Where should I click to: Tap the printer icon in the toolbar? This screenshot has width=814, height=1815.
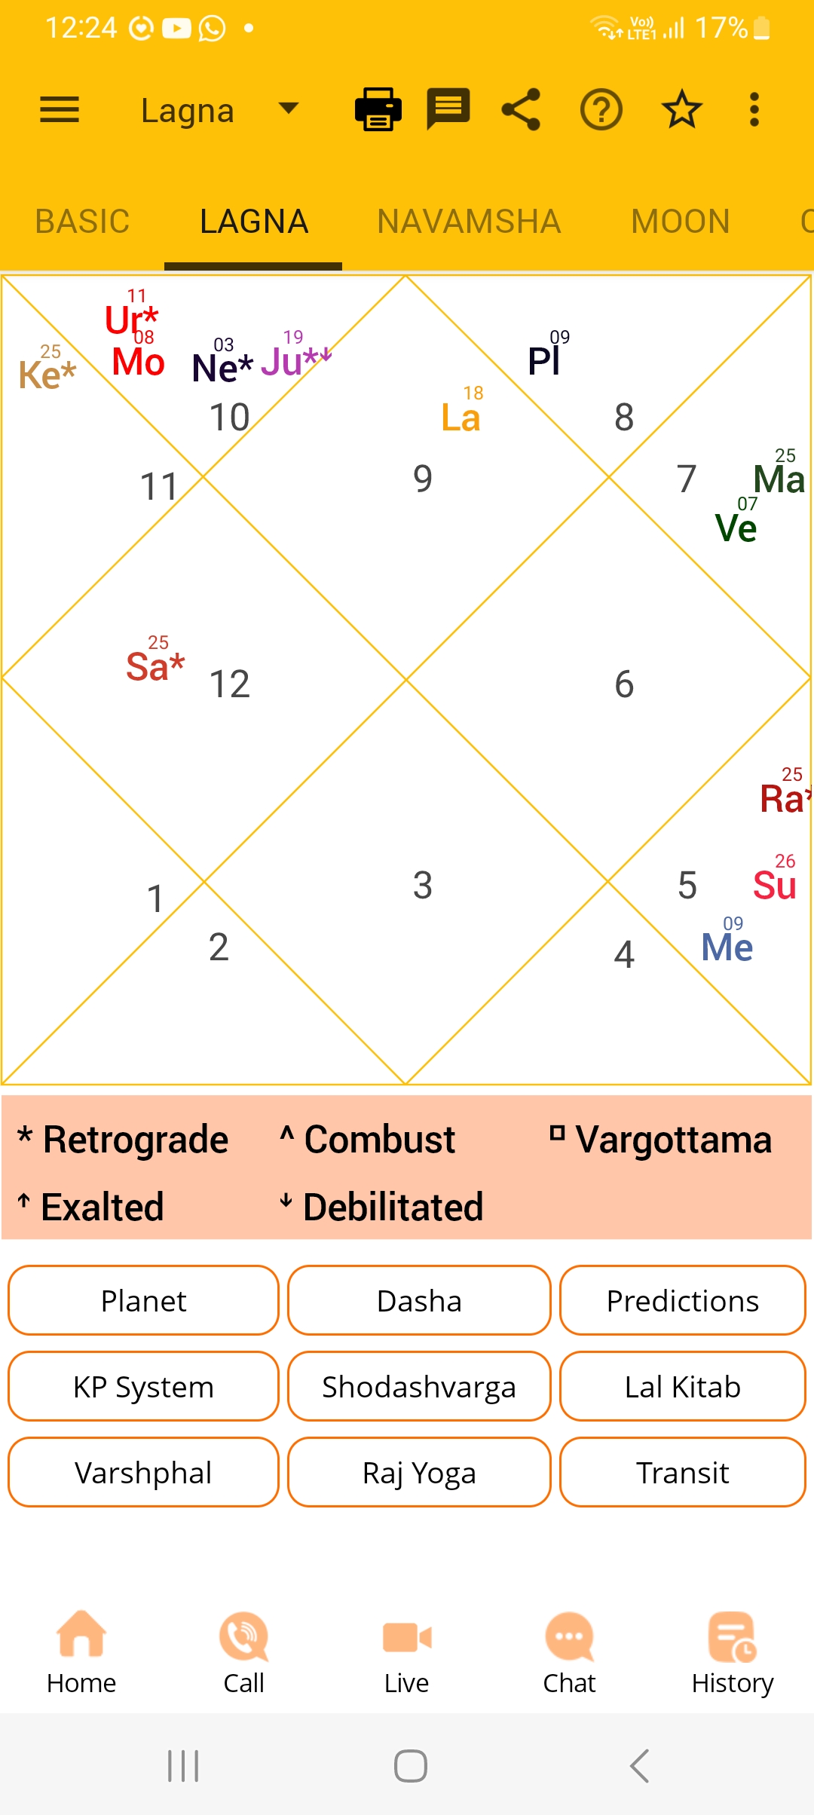[378, 109]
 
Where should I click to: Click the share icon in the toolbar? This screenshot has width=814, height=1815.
[521, 109]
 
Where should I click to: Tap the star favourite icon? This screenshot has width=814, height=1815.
[682, 109]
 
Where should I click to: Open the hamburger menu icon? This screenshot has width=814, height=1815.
[60, 110]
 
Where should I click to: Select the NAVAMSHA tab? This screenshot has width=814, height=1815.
[469, 222]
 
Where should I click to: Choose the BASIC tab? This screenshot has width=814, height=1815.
[82, 222]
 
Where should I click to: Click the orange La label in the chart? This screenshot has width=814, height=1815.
[461, 418]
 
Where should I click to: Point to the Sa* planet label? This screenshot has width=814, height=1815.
[155, 666]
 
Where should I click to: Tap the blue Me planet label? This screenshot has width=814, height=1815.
[727, 947]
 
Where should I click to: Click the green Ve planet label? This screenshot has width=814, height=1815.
[736, 528]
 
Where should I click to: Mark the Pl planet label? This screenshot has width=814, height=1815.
[543, 361]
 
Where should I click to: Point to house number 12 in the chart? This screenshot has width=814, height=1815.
[229, 684]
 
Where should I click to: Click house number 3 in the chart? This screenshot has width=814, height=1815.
[423, 885]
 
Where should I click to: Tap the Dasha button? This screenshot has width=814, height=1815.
[419, 1300]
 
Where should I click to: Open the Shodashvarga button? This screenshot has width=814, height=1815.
[419, 1386]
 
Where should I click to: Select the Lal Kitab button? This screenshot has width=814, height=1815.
[683, 1386]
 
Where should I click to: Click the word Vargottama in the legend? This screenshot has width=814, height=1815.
[674, 1140]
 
